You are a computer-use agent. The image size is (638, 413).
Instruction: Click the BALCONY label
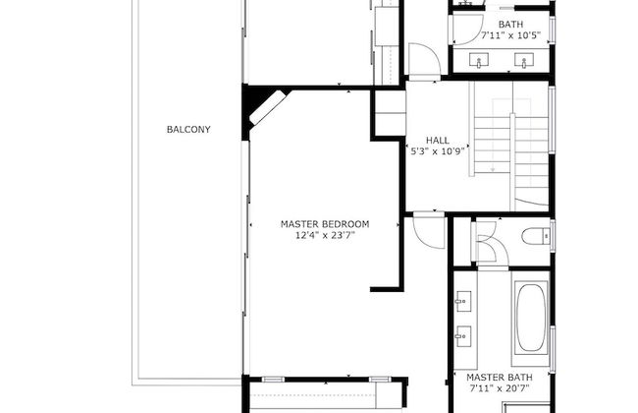pos(188,129)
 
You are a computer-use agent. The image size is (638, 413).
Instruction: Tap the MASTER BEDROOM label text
pos(325,224)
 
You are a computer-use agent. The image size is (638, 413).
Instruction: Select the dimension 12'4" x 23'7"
pos(325,235)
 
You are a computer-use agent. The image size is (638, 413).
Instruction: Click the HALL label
pos(438,141)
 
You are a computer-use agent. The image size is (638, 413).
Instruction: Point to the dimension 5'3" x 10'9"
pos(438,151)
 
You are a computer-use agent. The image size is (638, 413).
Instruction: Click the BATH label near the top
pos(510,24)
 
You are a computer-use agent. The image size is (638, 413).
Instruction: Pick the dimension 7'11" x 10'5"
pos(510,35)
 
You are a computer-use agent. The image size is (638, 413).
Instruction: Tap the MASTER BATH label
pos(500,378)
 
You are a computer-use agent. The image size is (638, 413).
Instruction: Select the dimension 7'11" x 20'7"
pos(500,388)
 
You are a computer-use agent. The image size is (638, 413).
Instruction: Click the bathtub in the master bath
pos(531,318)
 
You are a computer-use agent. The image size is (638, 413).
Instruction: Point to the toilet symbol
pos(536,236)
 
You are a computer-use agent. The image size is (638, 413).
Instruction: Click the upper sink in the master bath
pos(463,301)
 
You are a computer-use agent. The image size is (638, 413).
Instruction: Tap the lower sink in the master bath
pos(463,336)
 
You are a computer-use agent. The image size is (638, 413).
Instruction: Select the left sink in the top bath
pos(479,61)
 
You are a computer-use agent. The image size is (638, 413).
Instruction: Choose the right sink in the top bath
pos(524,61)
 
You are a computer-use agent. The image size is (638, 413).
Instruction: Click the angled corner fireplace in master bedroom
pos(267,107)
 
